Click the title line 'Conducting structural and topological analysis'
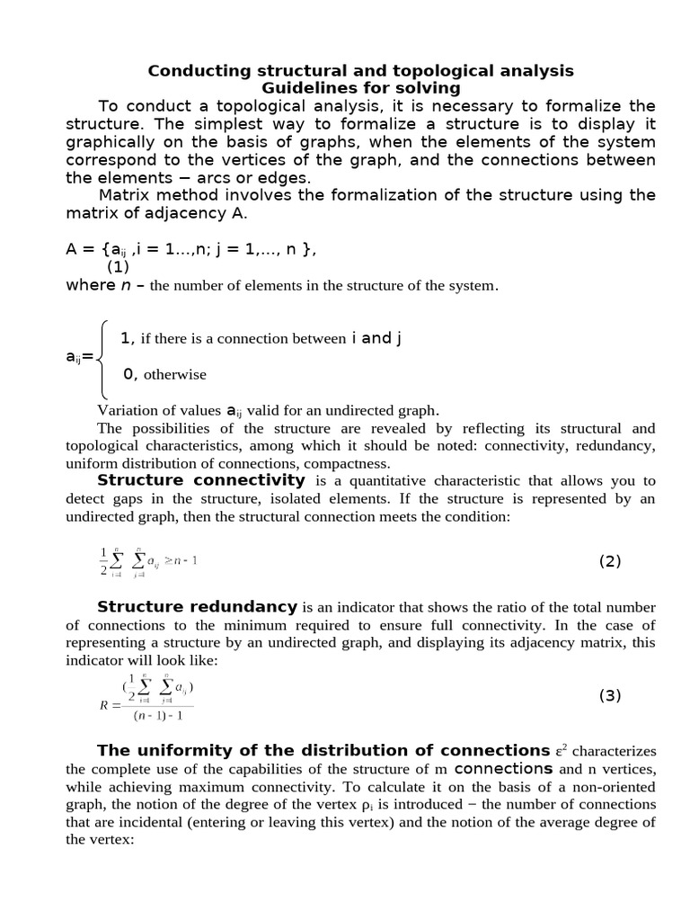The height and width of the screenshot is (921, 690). [360, 70]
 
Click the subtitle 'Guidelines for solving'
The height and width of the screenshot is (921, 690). [360, 88]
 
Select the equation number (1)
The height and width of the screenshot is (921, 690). [119, 267]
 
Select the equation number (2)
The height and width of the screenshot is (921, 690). [610, 561]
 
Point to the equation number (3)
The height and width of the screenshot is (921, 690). [610, 695]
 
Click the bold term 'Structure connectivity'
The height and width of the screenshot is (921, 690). [201, 480]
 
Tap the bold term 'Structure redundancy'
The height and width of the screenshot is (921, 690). [197, 606]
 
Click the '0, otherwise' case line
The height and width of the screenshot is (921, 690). [164, 374]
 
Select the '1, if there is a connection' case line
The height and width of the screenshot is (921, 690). [261, 338]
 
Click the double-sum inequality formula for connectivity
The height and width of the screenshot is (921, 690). [148, 561]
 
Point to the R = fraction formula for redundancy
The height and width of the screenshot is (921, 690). [148, 696]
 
